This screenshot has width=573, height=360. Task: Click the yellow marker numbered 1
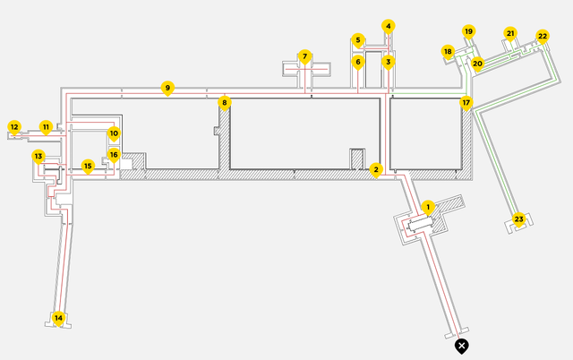click(x=428, y=207)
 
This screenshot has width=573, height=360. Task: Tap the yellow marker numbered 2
click(x=377, y=168)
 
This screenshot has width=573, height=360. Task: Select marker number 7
click(x=304, y=56)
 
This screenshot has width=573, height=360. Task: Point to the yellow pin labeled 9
click(x=167, y=87)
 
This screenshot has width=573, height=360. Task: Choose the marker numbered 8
click(x=226, y=102)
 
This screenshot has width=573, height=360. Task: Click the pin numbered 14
click(x=59, y=317)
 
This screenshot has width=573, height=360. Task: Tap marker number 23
click(x=518, y=219)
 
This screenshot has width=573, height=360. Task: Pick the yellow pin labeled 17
click(x=466, y=102)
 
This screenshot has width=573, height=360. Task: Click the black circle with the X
click(x=461, y=345)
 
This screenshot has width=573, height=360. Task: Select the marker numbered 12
click(x=14, y=127)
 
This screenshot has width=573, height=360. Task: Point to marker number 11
click(x=46, y=127)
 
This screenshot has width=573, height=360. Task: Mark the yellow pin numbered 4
click(x=389, y=26)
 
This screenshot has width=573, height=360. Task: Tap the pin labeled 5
click(x=358, y=39)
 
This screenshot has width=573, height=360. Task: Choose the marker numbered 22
click(x=543, y=36)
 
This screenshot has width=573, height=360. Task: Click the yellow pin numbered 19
click(x=467, y=31)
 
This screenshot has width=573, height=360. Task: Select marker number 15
click(x=88, y=165)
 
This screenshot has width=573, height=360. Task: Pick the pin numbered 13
click(x=38, y=156)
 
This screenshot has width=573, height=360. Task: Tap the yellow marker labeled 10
click(x=114, y=133)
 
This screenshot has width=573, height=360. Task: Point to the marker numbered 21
click(x=510, y=33)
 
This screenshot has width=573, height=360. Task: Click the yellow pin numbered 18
click(x=448, y=52)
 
